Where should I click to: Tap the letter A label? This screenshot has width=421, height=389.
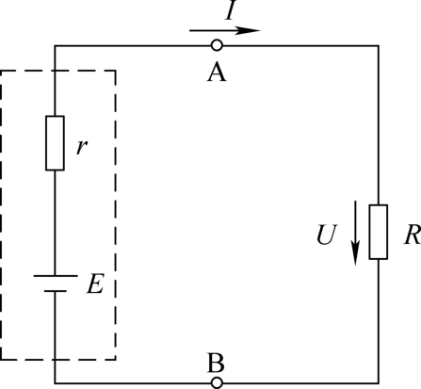pyautogui.click(x=217, y=73)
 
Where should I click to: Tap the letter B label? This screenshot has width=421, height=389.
pyautogui.click(x=216, y=363)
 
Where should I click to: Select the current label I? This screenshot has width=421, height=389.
pyautogui.click(x=231, y=10)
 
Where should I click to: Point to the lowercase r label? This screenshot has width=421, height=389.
pyautogui.click(x=82, y=147)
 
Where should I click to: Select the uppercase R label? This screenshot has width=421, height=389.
pyautogui.click(x=413, y=235)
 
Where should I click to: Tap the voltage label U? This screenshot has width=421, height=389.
pyautogui.click(x=327, y=235)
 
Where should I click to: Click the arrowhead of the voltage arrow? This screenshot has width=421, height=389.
pyautogui.click(x=355, y=253)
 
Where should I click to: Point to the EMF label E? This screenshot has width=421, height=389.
pyautogui.click(x=95, y=284)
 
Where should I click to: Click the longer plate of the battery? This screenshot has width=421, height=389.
pyautogui.click(x=56, y=276)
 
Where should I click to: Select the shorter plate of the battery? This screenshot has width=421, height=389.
pyautogui.click(x=56, y=291)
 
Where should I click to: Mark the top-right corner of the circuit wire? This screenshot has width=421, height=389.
pyautogui.click(x=379, y=46)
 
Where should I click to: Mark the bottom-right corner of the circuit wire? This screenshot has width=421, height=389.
pyautogui.click(x=379, y=383)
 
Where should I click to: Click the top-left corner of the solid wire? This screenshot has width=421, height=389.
pyautogui.click(x=55, y=46)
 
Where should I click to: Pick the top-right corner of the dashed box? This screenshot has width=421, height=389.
pyautogui.click(x=116, y=71)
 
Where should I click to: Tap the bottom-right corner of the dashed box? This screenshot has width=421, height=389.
pyautogui.click(x=116, y=359)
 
